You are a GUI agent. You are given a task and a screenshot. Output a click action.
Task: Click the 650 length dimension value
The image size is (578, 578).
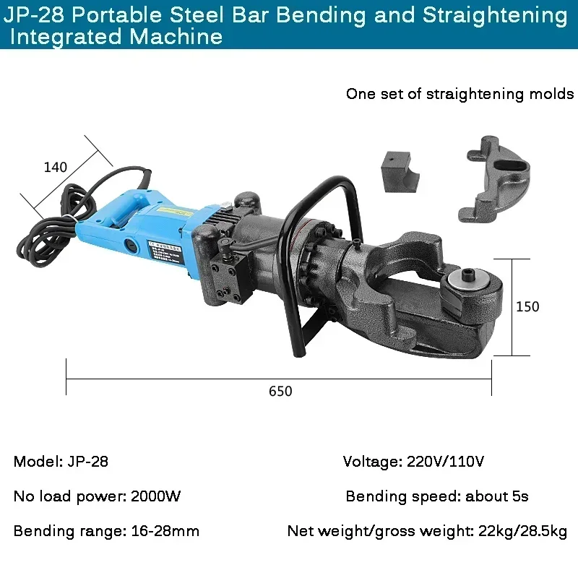(280, 391)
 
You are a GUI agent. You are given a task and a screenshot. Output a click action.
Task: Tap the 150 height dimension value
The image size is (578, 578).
(527, 306)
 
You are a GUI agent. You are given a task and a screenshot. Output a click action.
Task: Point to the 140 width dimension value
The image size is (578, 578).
(56, 167)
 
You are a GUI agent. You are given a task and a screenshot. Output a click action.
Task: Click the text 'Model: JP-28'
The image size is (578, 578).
(61, 461)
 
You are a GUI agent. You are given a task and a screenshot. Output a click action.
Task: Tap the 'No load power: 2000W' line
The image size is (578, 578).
(97, 496)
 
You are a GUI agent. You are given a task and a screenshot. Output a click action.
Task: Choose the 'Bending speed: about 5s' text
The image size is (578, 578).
(437, 496)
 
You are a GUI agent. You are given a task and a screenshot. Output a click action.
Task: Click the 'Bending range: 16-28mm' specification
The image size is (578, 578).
(106, 532)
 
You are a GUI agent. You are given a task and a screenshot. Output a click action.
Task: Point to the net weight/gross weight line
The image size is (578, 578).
(427, 532)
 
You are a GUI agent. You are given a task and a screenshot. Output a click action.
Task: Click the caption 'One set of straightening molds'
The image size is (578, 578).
(460, 94)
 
